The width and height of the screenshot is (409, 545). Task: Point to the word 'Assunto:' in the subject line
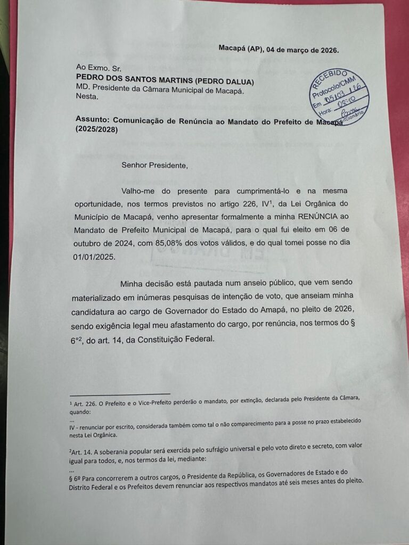(92, 121)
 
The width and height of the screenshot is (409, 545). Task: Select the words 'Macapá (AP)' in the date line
(240, 49)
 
